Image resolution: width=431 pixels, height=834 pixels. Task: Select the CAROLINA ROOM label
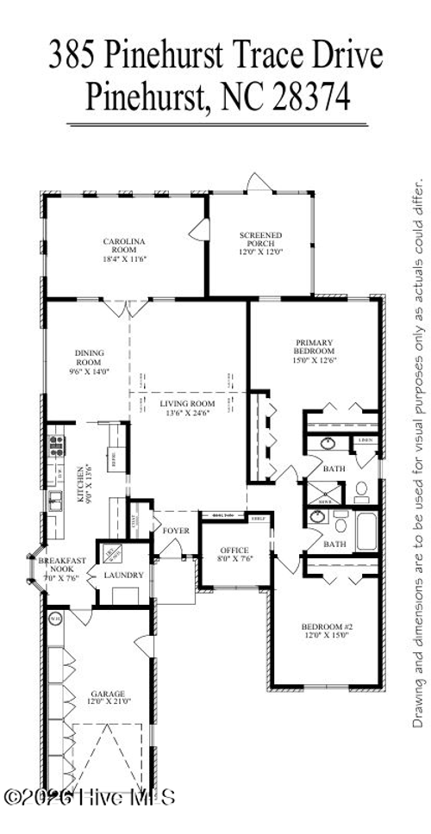point(124,246)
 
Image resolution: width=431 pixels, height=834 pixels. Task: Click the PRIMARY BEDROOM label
point(313,346)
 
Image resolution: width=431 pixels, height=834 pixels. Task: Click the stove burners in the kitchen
point(57,445)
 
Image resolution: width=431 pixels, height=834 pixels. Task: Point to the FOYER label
point(175,531)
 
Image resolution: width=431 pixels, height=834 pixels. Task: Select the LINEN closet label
point(365,441)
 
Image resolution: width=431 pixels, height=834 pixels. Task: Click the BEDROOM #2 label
point(325,626)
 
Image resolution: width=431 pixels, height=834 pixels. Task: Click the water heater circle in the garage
point(55,617)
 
